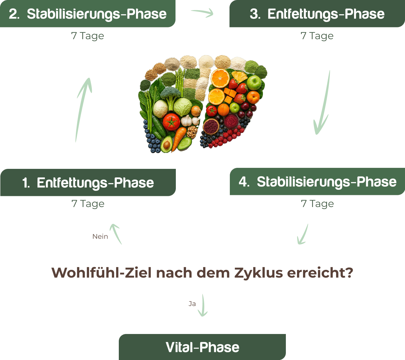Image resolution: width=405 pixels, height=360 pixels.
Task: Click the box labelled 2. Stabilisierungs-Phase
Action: click(88, 14)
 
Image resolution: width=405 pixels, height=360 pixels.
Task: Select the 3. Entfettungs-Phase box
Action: click(317, 14)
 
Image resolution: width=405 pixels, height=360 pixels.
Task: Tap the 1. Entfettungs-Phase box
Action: click(88, 183)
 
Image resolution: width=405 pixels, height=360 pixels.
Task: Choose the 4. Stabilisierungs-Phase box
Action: click(317, 182)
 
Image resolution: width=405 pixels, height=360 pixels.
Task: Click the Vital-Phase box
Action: click(202, 347)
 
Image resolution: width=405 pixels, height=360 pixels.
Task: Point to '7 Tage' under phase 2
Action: click(87, 36)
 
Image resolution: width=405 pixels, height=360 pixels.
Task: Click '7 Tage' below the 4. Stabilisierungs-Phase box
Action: click(317, 204)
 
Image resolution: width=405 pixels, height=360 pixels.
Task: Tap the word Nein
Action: click(100, 236)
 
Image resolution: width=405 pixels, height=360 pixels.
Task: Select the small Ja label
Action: click(192, 304)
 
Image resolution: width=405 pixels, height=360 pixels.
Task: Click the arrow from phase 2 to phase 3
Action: click(202, 13)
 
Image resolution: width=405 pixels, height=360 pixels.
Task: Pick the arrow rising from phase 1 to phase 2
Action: click(83, 108)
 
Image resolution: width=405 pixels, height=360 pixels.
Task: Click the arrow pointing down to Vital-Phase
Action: click(202, 305)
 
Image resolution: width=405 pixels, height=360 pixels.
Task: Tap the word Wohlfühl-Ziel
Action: click(102, 273)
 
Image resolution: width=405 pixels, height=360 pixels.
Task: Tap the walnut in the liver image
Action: click(192, 132)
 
